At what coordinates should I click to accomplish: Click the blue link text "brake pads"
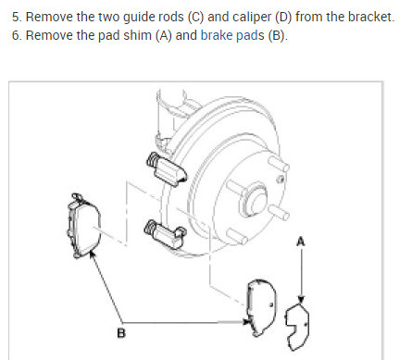tap(232, 35)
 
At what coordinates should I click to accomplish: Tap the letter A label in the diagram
tap(300, 242)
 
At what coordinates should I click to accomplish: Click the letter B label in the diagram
tap(121, 333)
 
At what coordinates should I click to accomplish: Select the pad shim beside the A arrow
tap(297, 327)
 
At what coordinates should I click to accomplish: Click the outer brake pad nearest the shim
tap(262, 307)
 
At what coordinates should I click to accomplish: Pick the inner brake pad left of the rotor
tap(83, 226)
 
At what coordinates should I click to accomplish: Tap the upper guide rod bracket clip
tap(166, 169)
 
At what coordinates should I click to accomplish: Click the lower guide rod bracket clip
tap(165, 234)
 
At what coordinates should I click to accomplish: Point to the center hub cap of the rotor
tap(254, 200)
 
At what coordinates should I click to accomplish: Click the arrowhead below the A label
tap(301, 299)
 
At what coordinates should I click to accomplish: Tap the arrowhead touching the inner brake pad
tap(92, 254)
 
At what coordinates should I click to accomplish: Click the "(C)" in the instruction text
tap(195, 17)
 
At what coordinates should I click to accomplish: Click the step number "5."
tap(17, 17)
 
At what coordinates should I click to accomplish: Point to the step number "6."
tap(17, 35)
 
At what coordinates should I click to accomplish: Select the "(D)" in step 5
tap(283, 17)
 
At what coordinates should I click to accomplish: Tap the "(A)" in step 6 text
tap(164, 35)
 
